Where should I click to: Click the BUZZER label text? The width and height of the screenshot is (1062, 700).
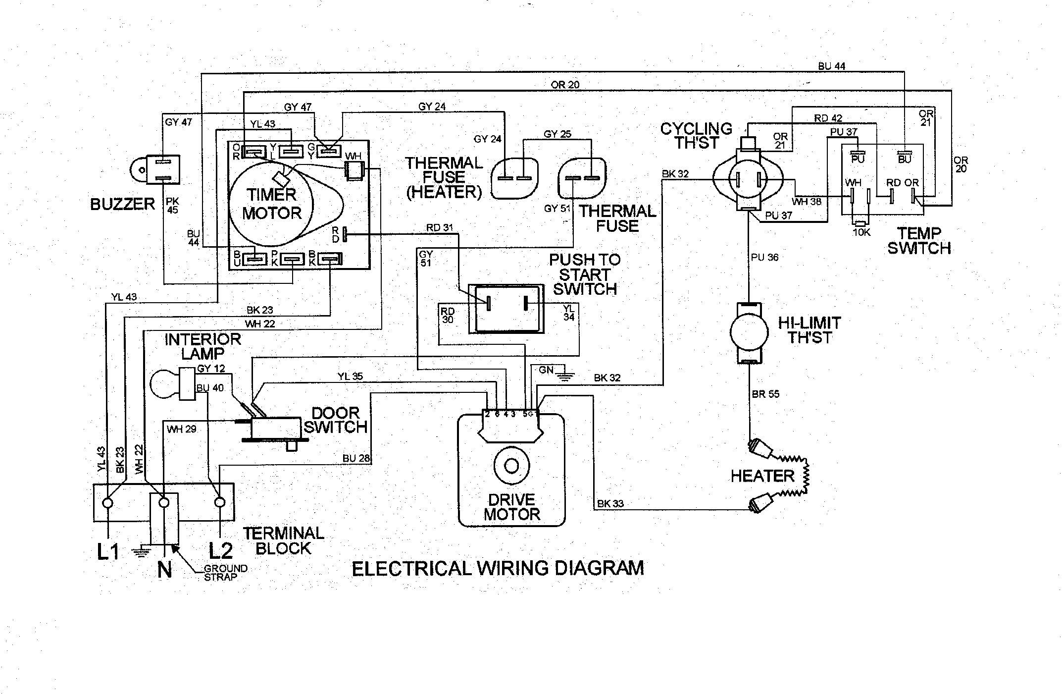pyautogui.click(x=122, y=204)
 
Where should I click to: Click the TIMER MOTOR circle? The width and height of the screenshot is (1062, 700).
pyautogui.click(x=271, y=204)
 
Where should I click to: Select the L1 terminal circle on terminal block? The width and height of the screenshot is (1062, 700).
pyautogui.click(x=107, y=503)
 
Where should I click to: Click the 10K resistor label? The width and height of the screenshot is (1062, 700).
pyautogui.click(x=861, y=232)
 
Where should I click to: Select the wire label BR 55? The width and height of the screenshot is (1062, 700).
pyautogui.click(x=765, y=394)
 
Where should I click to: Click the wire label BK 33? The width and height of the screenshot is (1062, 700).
pyautogui.click(x=610, y=504)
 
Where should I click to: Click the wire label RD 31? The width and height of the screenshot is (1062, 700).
pyautogui.click(x=440, y=228)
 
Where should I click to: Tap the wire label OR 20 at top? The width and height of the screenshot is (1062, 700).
pyautogui.click(x=565, y=85)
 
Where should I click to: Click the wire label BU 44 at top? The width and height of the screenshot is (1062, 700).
pyautogui.click(x=832, y=66)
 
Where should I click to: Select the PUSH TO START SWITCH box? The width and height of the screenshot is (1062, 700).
pyautogui.click(x=506, y=309)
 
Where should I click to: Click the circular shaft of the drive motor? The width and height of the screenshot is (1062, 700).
pyautogui.click(x=511, y=466)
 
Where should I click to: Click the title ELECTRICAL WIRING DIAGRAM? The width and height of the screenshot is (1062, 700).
pyautogui.click(x=498, y=568)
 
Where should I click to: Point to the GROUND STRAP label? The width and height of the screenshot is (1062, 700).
pyautogui.click(x=225, y=573)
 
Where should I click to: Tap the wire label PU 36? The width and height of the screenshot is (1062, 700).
pyautogui.click(x=764, y=257)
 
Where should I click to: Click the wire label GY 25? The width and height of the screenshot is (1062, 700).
pyautogui.click(x=557, y=134)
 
